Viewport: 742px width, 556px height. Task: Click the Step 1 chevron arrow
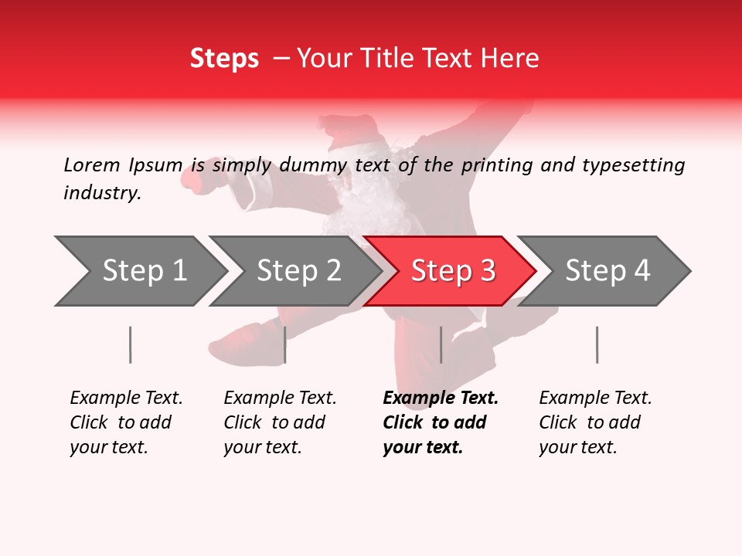(143, 271)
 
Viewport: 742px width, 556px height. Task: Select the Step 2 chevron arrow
(298, 271)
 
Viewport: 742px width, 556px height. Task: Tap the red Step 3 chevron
(452, 271)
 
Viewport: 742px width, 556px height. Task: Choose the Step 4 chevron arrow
(607, 271)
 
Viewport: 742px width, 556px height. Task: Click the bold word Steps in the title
(224, 58)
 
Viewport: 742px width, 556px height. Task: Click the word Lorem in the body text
(91, 164)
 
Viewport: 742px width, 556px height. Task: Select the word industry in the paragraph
(102, 192)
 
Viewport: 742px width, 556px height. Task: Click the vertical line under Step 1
(130, 344)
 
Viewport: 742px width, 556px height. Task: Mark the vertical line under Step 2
(285, 344)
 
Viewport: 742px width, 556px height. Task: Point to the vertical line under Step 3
(441, 344)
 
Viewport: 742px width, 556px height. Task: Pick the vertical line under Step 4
(597, 344)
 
